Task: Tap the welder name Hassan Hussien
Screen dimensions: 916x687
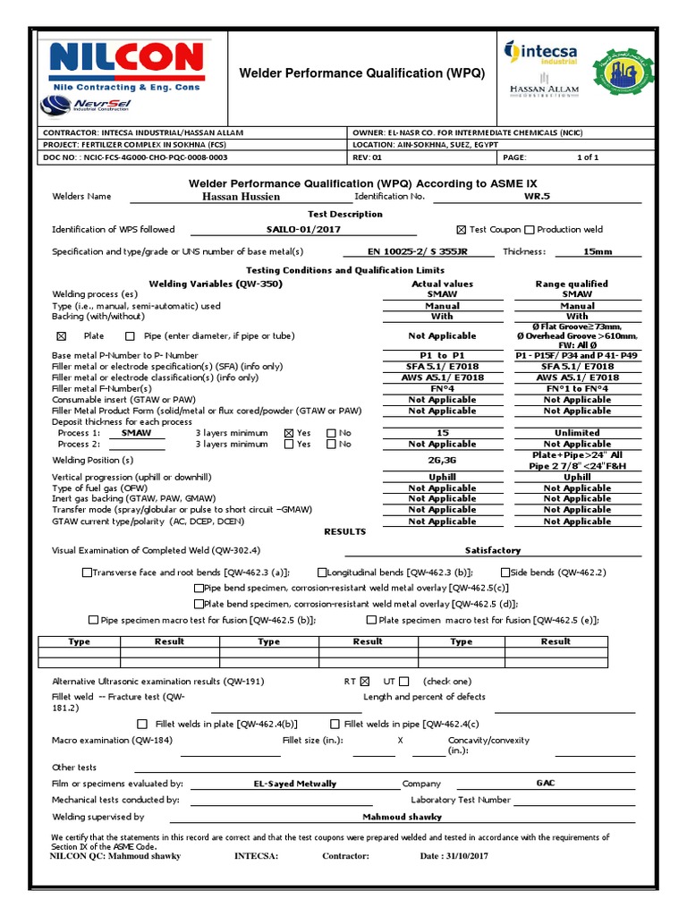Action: (x=241, y=196)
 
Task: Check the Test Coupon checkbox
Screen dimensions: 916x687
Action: (x=462, y=230)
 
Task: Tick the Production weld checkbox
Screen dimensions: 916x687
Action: (x=530, y=230)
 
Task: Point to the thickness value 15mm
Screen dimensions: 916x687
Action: (x=598, y=252)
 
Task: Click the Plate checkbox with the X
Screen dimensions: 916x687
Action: (x=62, y=336)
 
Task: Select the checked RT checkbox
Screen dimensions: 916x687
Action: (x=364, y=682)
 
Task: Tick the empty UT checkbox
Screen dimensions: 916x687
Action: (x=404, y=682)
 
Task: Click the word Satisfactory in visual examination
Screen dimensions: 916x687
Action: (x=493, y=550)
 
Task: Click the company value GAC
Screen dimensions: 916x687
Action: (x=546, y=783)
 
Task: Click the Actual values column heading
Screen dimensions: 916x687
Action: (x=442, y=284)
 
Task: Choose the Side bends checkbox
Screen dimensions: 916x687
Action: (x=505, y=572)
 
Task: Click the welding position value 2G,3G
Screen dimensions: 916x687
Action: (x=442, y=461)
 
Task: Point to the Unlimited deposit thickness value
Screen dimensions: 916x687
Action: (x=577, y=433)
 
